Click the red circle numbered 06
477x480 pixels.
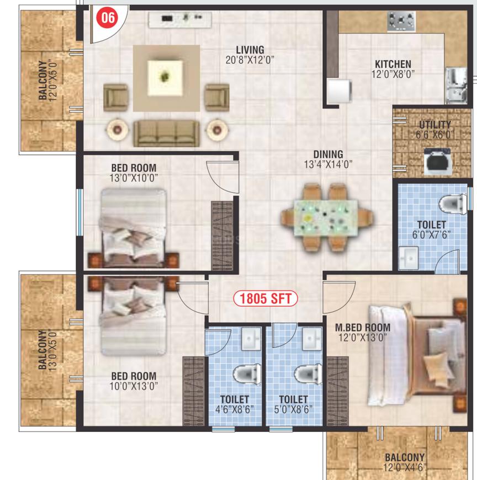pyautogui.click(x=108, y=18)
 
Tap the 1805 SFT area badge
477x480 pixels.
pyautogui.click(x=266, y=298)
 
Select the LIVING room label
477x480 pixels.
pyautogui.click(x=250, y=50)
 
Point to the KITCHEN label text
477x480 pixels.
pyautogui.click(x=393, y=65)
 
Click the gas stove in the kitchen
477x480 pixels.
pyautogui.click(x=401, y=21)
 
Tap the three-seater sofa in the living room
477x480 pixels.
pyautogui.click(x=166, y=133)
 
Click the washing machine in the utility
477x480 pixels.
pyautogui.click(x=438, y=161)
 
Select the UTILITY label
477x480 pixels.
pyautogui.click(x=434, y=125)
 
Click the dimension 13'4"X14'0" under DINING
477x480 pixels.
pyautogui.click(x=328, y=164)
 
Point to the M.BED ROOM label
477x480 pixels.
pyautogui.click(x=362, y=328)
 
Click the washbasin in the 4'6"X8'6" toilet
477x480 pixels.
pyautogui.click(x=251, y=339)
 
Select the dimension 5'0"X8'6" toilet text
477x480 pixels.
pyautogui.click(x=293, y=409)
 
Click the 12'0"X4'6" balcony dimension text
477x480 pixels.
pyautogui.click(x=404, y=467)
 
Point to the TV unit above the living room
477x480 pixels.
pyautogui.click(x=180, y=19)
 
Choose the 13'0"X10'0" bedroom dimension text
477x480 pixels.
pyautogui.click(x=134, y=178)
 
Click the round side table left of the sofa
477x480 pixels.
pyautogui.click(x=117, y=130)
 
